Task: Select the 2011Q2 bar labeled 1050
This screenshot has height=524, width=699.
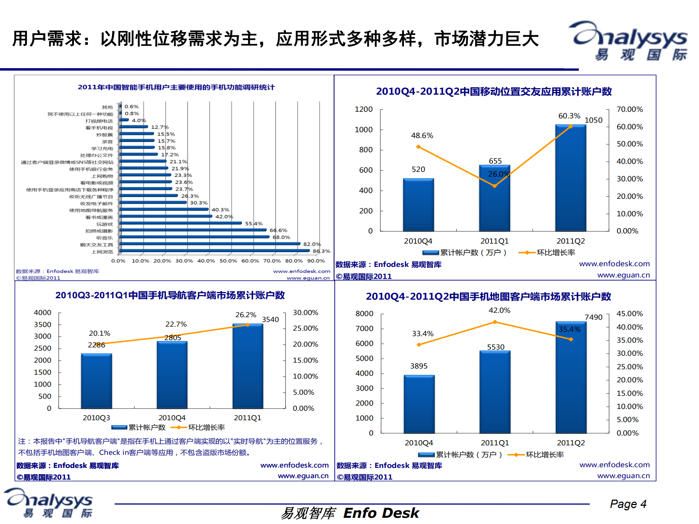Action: click(570, 178)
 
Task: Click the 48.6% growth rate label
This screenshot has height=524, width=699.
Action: click(422, 135)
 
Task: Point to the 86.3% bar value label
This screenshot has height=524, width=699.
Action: click(321, 251)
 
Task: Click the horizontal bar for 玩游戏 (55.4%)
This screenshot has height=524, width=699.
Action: click(180, 223)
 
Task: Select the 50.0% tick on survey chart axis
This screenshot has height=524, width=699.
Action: click(228, 261)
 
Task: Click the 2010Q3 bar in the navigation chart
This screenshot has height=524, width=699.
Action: click(96, 381)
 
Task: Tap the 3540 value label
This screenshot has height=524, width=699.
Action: click(270, 319)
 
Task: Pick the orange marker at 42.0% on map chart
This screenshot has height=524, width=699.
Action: click(495, 322)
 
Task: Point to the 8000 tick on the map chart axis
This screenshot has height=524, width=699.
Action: click(364, 314)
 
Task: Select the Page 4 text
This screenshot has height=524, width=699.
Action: click(628, 504)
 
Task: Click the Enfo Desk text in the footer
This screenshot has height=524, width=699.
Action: click(381, 513)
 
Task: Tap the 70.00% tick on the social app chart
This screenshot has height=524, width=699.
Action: click(629, 109)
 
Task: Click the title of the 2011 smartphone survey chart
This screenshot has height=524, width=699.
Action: click(176, 87)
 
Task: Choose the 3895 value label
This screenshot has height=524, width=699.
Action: click(419, 366)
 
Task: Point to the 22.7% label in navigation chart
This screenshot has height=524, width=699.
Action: click(176, 324)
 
